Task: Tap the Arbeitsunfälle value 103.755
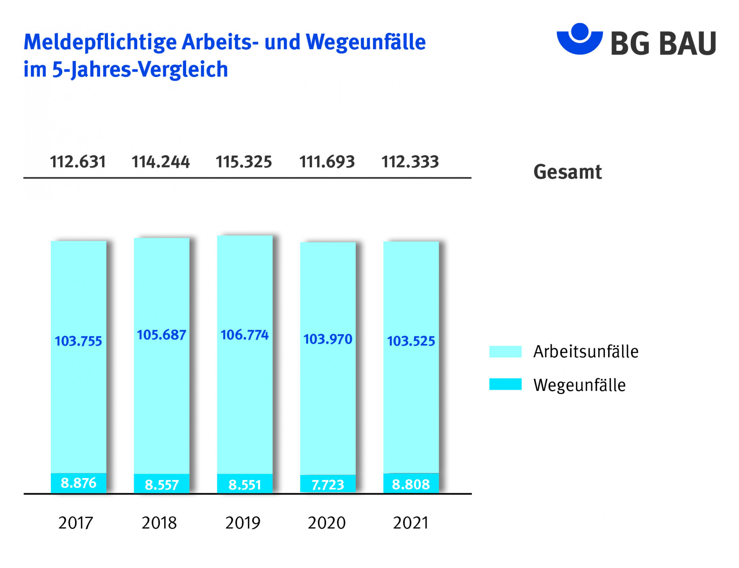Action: pyautogui.click(x=78, y=341)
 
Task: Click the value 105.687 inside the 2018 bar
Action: pyautogui.click(x=161, y=335)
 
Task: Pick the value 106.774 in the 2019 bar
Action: pyautogui.click(x=244, y=335)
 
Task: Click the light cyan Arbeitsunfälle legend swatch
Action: pyautogui.click(x=505, y=352)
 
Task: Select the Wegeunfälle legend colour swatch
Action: pyautogui.click(x=505, y=384)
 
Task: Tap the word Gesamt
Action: pyautogui.click(x=567, y=172)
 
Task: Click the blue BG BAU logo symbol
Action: pyautogui.click(x=579, y=38)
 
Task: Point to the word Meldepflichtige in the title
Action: pyautogui.click(x=100, y=43)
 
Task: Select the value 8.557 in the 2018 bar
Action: pyautogui.click(x=161, y=485)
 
